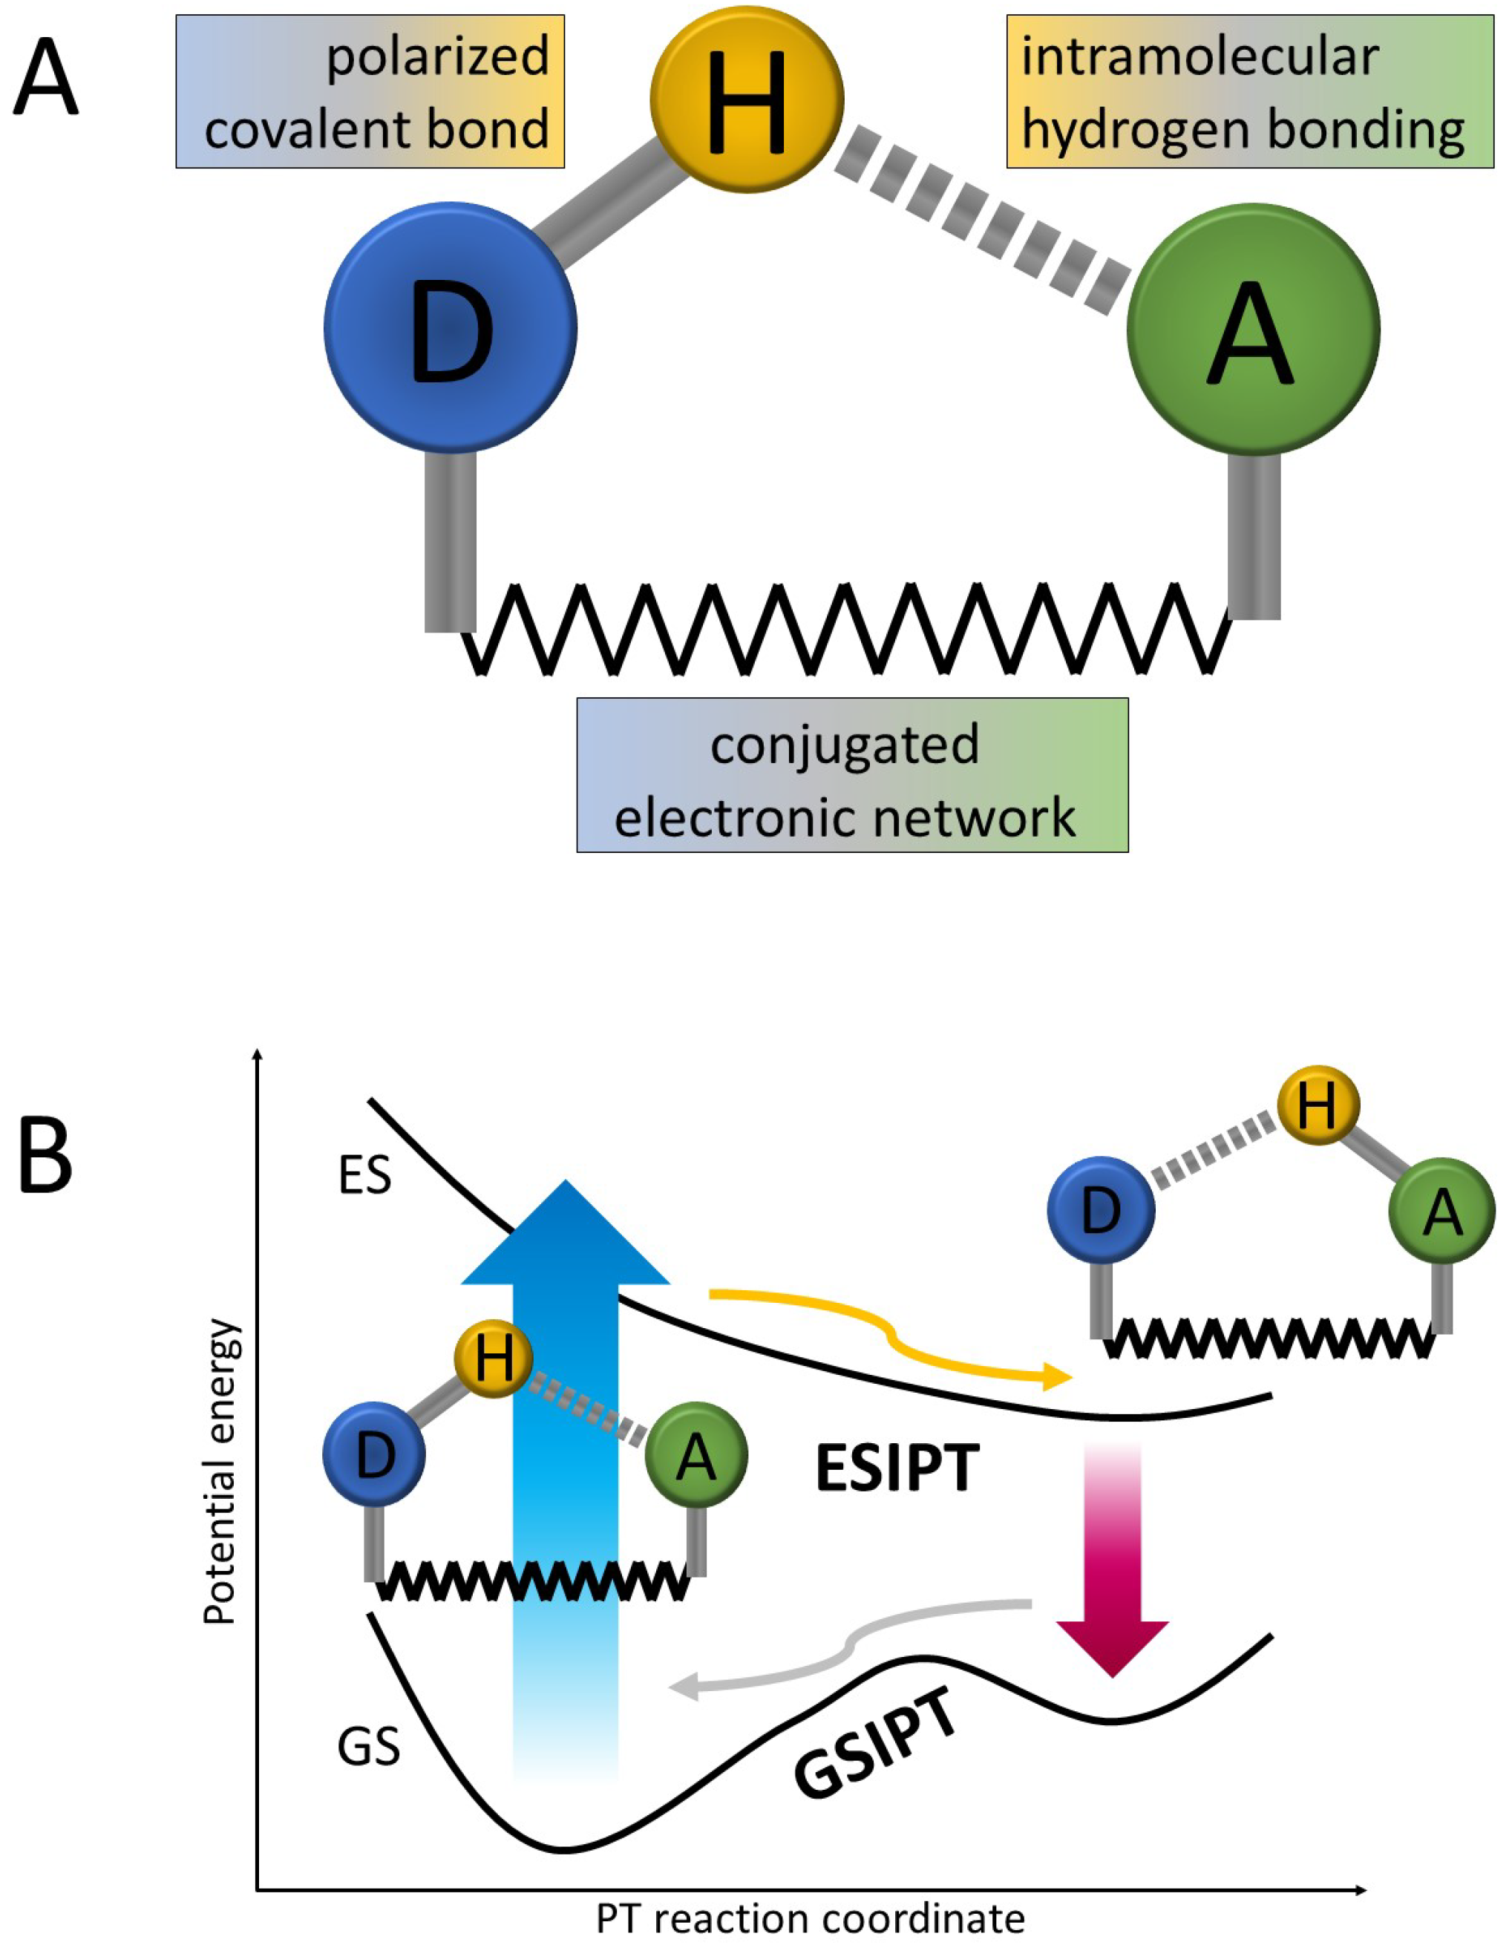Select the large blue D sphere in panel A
point(451,328)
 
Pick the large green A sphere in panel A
point(1253,330)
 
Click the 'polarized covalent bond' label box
point(370,91)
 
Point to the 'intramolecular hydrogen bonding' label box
point(1250,91)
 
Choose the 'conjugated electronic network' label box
point(852,774)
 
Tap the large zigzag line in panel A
point(848,629)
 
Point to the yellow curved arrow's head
point(1058,1377)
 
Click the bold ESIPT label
point(897,1470)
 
